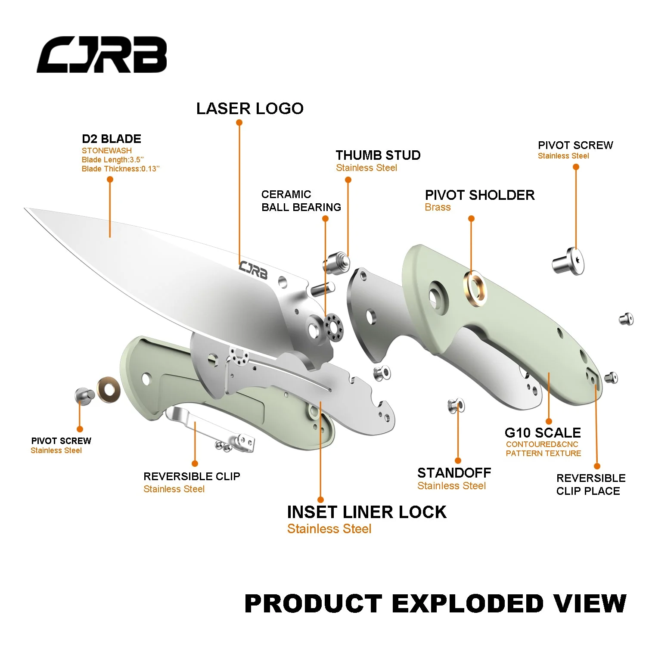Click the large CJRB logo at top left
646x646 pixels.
tap(102, 55)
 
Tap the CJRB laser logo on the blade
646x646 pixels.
tap(253, 270)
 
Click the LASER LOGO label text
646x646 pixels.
tap(250, 109)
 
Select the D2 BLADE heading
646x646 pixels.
tap(112, 139)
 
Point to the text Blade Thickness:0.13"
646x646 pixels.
tap(121, 169)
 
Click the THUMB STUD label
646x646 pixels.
tap(378, 155)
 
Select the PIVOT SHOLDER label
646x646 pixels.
tap(479, 195)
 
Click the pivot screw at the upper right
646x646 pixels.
tap(569, 261)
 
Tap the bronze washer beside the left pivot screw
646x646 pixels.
tap(109, 390)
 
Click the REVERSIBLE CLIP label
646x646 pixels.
tap(192, 476)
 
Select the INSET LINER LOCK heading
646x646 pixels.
tap(366, 512)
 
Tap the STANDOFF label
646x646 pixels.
tap(454, 473)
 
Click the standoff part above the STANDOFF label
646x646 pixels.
tap(456, 406)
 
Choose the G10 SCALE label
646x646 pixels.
tap(543, 432)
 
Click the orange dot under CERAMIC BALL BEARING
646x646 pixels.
tap(326, 219)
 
